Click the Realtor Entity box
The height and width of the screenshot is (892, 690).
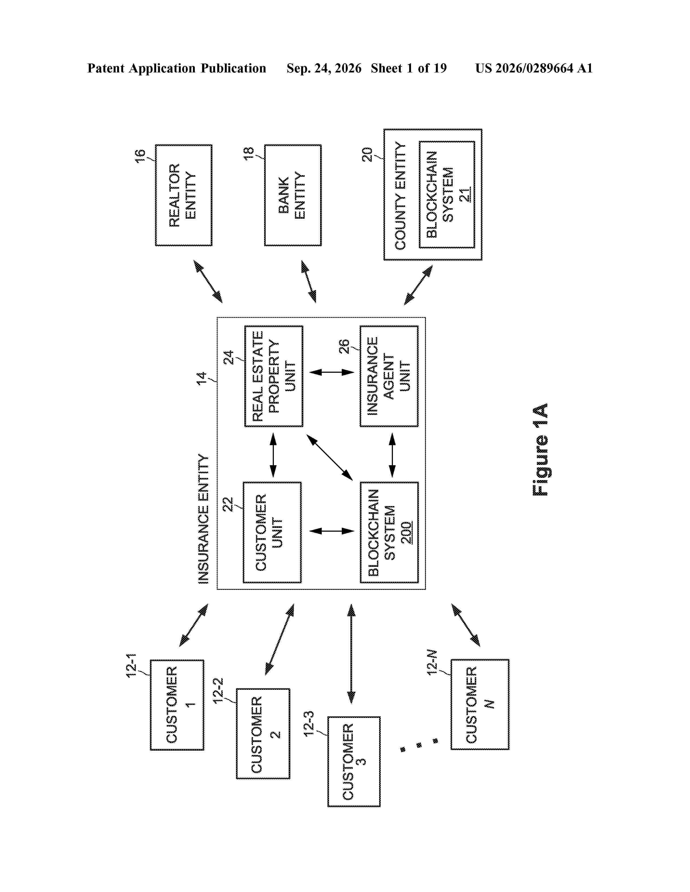183,195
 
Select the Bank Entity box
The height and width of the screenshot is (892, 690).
293,195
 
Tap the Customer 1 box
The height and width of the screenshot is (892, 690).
177,704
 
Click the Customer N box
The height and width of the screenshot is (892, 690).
480,704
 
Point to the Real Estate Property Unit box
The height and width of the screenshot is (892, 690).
274,376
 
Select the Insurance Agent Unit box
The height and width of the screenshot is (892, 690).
389,376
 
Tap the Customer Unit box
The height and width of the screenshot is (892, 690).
272,532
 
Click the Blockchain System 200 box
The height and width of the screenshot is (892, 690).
389,532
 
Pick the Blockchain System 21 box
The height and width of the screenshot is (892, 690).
447,194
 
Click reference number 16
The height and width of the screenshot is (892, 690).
140,156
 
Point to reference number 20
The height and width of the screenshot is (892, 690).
367,154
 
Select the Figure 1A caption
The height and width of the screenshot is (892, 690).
540,450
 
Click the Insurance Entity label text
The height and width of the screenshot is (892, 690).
203,519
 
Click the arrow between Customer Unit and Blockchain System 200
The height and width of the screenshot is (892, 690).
331,531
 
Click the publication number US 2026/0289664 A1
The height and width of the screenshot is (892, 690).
534,68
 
